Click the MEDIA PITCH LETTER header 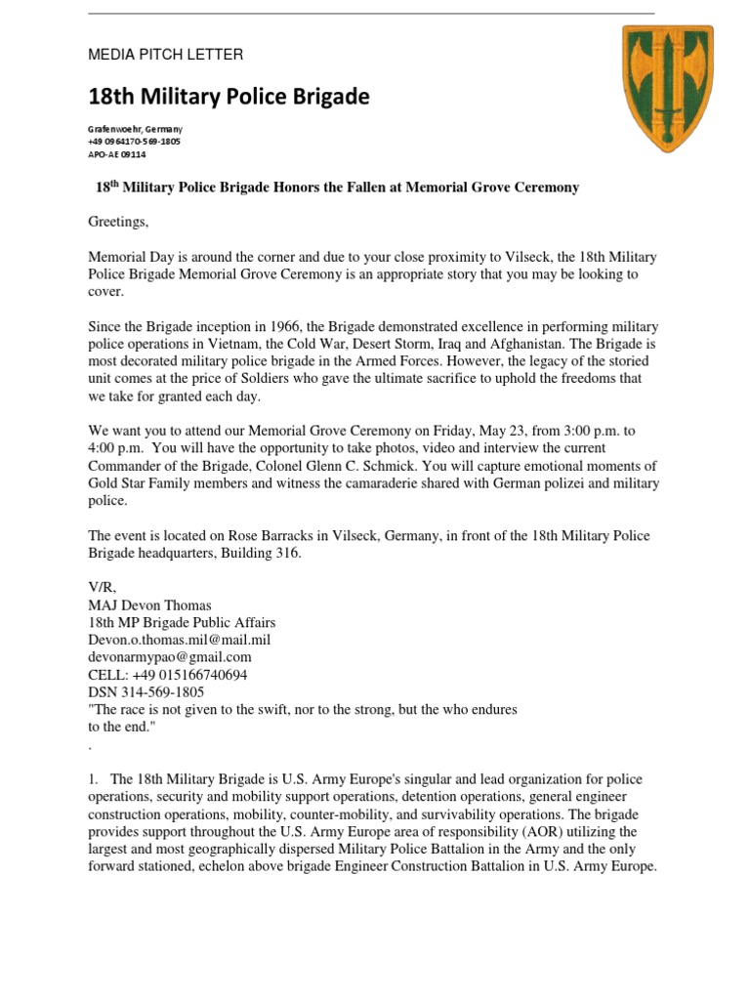click(166, 55)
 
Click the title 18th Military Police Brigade click(229, 97)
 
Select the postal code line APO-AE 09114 click(117, 154)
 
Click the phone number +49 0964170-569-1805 click(134, 142)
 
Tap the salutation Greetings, click(119, 222)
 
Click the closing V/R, click(103, 588)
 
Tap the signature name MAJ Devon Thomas click(149, 605)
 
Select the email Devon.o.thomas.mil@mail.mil click(180, 640)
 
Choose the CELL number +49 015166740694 click(168, 675)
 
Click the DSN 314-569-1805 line click(146, 691)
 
